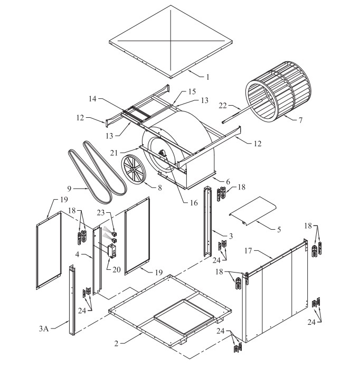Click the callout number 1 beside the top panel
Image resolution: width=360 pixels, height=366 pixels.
point(207,77)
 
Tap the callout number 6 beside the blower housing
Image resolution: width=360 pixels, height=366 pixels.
point(228,181)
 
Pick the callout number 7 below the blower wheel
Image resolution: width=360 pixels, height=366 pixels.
point(300,120)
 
